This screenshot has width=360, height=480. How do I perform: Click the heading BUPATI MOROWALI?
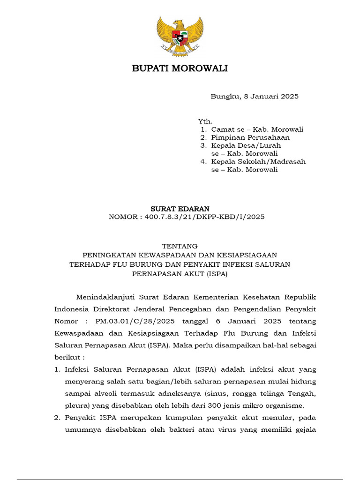pyautogui.click(x=180, y=69)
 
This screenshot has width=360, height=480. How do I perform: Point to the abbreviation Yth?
pyautogui.click(x=205, y=121)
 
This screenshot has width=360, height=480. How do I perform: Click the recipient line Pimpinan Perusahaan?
pyautogui.click(x=250, y=137)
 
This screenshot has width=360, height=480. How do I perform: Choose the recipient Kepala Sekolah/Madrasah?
pyautogui.click(x=258, y=162)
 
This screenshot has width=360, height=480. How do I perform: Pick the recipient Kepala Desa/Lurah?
pyautogui.click(x=246, y=146)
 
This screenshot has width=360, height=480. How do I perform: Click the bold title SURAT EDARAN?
pyautogui.click(x=180, y=209)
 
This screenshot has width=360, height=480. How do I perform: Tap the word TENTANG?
pyautogui.click(x=180, y=246)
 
